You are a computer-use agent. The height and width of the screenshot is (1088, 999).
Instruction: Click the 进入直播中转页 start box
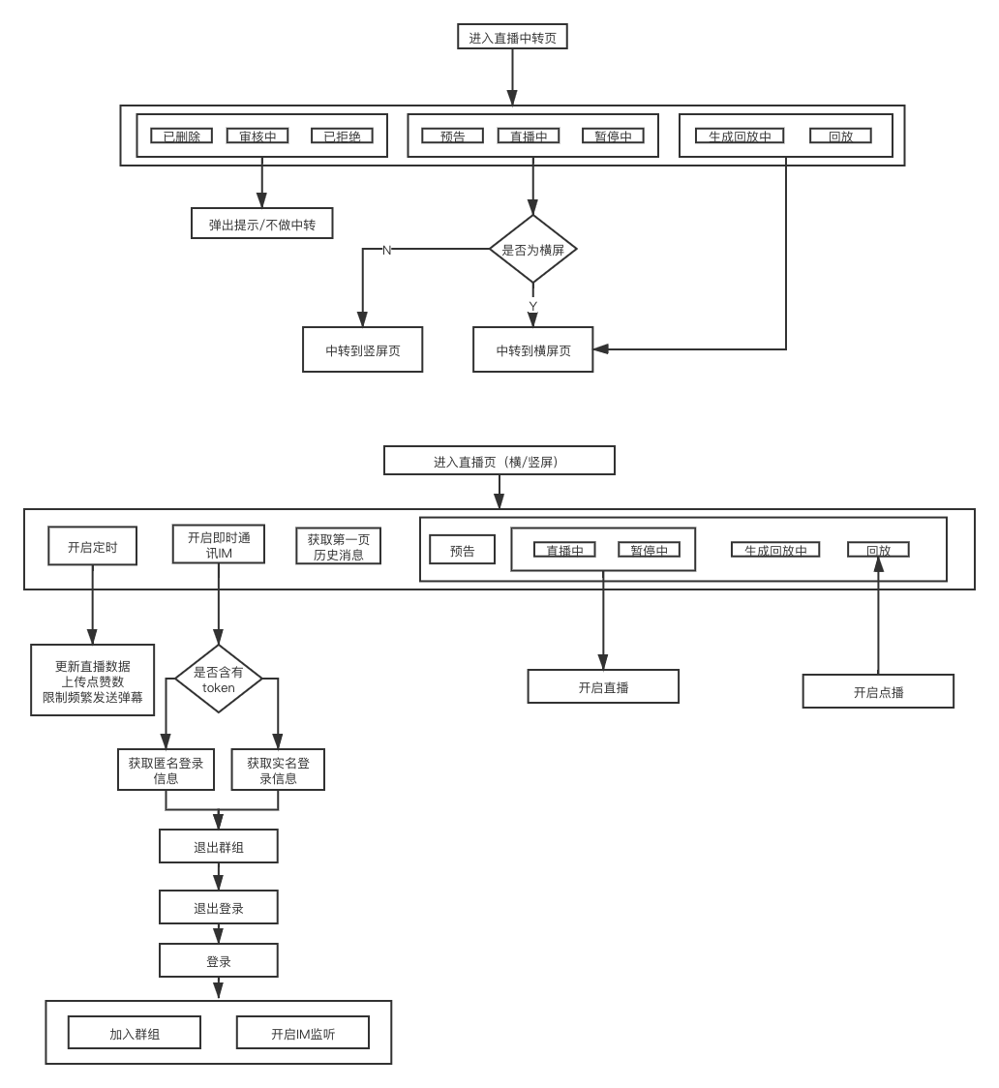[512, 37]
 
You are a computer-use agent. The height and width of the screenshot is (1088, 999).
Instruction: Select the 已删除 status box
[181, 136]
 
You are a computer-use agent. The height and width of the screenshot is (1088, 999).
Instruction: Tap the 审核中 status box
[257, 136]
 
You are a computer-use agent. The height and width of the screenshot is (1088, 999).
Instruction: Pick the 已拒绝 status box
[342, 136]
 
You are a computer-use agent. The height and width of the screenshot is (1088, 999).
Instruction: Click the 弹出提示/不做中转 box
[261, 224]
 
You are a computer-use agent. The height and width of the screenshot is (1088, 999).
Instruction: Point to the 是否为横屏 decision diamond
[532, 249]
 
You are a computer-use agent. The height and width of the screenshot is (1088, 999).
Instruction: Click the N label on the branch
[387, 250]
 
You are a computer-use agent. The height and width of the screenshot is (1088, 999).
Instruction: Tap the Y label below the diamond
[532, 305]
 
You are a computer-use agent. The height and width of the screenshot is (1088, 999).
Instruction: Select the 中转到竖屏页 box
[362, 350]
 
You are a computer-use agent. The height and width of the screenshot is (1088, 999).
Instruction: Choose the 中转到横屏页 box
[532, 350]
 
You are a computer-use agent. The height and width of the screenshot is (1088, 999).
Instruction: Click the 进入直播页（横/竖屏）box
[499, 461]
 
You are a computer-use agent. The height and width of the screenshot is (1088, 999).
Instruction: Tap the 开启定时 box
[92, 547]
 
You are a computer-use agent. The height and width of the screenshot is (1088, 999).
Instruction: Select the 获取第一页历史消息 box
[338, 547]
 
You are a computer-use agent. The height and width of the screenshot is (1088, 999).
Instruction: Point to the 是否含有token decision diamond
[219, 680]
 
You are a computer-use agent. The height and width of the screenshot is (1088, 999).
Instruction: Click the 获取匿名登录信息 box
[166, 770]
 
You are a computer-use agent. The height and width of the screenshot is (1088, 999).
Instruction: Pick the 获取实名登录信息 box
[278, 770]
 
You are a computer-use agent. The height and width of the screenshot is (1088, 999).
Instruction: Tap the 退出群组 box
[219, 847]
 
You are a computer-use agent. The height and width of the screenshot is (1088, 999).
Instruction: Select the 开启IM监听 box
[303, 1033]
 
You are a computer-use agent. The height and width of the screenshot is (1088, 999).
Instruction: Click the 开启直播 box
[603, 686]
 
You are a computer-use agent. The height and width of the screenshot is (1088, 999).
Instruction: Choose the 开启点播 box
[878, 691]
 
